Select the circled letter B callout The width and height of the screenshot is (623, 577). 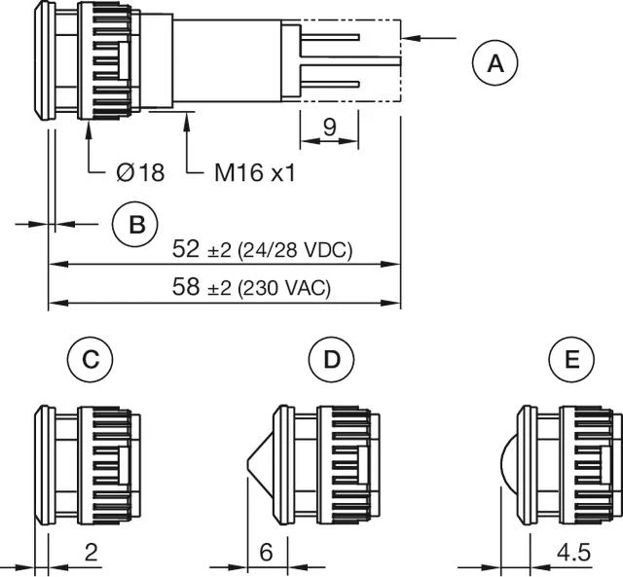click(x=136, y=224)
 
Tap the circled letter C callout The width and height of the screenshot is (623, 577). click(x=90, y=361)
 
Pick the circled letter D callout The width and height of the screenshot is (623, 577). click(x=332, y=361)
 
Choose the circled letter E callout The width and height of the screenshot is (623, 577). click(x=572, y=361)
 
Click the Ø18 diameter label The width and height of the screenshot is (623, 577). click(x=139, y=173)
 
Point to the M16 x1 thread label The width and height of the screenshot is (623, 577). click(x=254, y=173)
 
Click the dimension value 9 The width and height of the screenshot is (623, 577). click(x=329, y=125)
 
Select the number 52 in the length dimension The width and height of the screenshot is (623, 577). click(x=186, y=249)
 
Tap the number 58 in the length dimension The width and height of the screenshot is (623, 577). click(x=186, y=288)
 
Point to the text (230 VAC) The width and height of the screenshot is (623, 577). click(x=283, y=289)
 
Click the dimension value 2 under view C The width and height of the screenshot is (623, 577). click(x=91, y=553)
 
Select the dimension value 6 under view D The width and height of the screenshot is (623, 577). click(x=266, y=553)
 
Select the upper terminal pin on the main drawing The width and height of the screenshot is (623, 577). click(x=331, y=39)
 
